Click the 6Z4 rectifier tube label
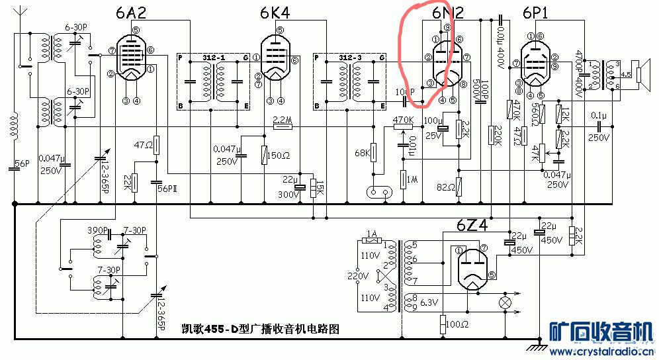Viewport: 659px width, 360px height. coord(472,226)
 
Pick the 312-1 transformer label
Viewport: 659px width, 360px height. coord(216,58)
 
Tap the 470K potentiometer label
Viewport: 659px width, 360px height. coord(403,120)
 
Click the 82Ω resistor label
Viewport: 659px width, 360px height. coord(445,187)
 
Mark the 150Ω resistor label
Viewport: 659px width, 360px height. coord(279,156)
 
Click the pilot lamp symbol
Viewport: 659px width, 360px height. coord(506,302)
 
